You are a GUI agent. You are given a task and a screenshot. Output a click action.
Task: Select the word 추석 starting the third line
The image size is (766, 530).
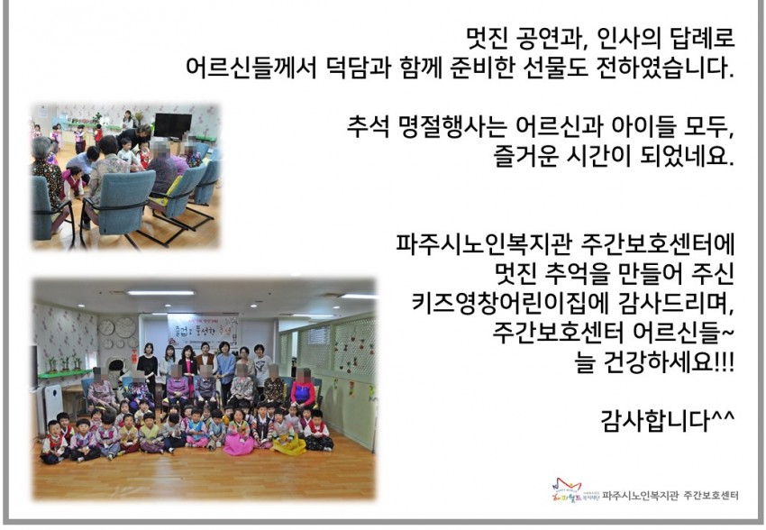point(367,126)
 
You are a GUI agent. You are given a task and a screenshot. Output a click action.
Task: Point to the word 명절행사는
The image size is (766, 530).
point(451,126)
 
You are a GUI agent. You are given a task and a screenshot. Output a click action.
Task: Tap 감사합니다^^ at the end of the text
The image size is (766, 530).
point(667,420)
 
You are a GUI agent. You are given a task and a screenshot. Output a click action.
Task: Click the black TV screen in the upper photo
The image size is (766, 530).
point(173,125)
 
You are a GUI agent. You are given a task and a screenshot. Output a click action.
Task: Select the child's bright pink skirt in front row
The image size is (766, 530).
point(239,443)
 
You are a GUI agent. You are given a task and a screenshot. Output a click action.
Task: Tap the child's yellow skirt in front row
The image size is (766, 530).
point(289,444)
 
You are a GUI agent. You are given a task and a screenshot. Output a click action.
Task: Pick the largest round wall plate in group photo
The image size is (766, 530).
point(125,328)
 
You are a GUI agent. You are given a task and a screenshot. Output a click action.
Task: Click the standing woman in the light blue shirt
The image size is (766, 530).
point(225,370)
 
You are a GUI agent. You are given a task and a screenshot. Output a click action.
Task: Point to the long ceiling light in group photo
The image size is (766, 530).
point(160,293)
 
